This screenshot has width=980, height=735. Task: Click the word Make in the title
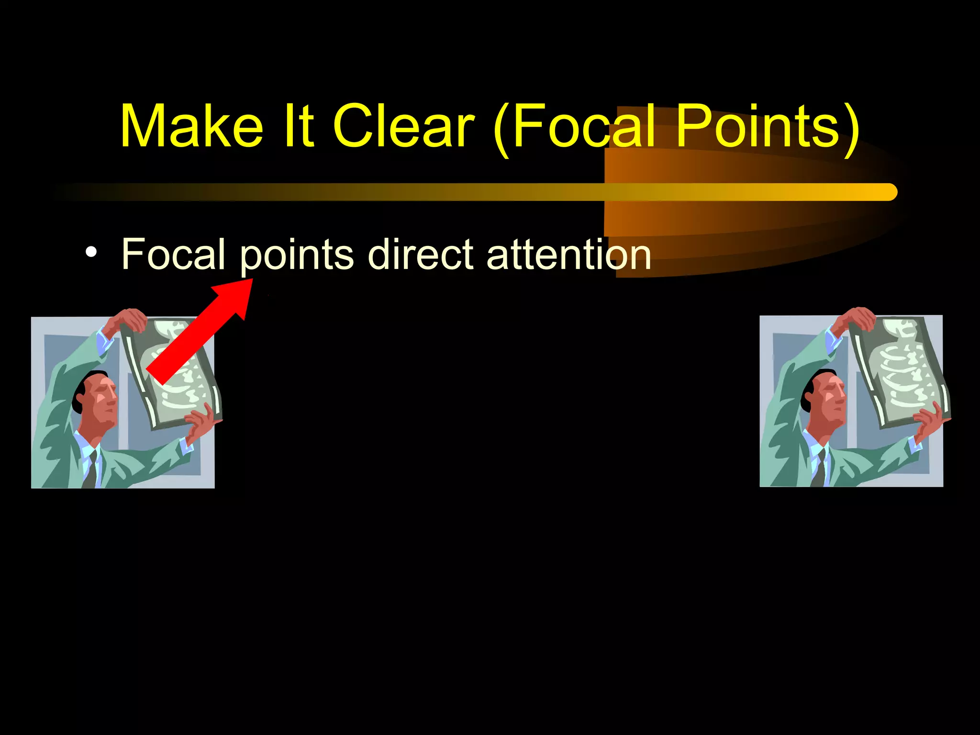pyautogui.click(x=191, y=126)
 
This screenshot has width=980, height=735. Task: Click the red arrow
pyautogui.click(x=201, y=330)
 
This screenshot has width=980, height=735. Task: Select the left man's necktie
pyautogui.click(x=91, y=471)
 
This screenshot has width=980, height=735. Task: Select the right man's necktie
pyautogui.click(x=820, y=469)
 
